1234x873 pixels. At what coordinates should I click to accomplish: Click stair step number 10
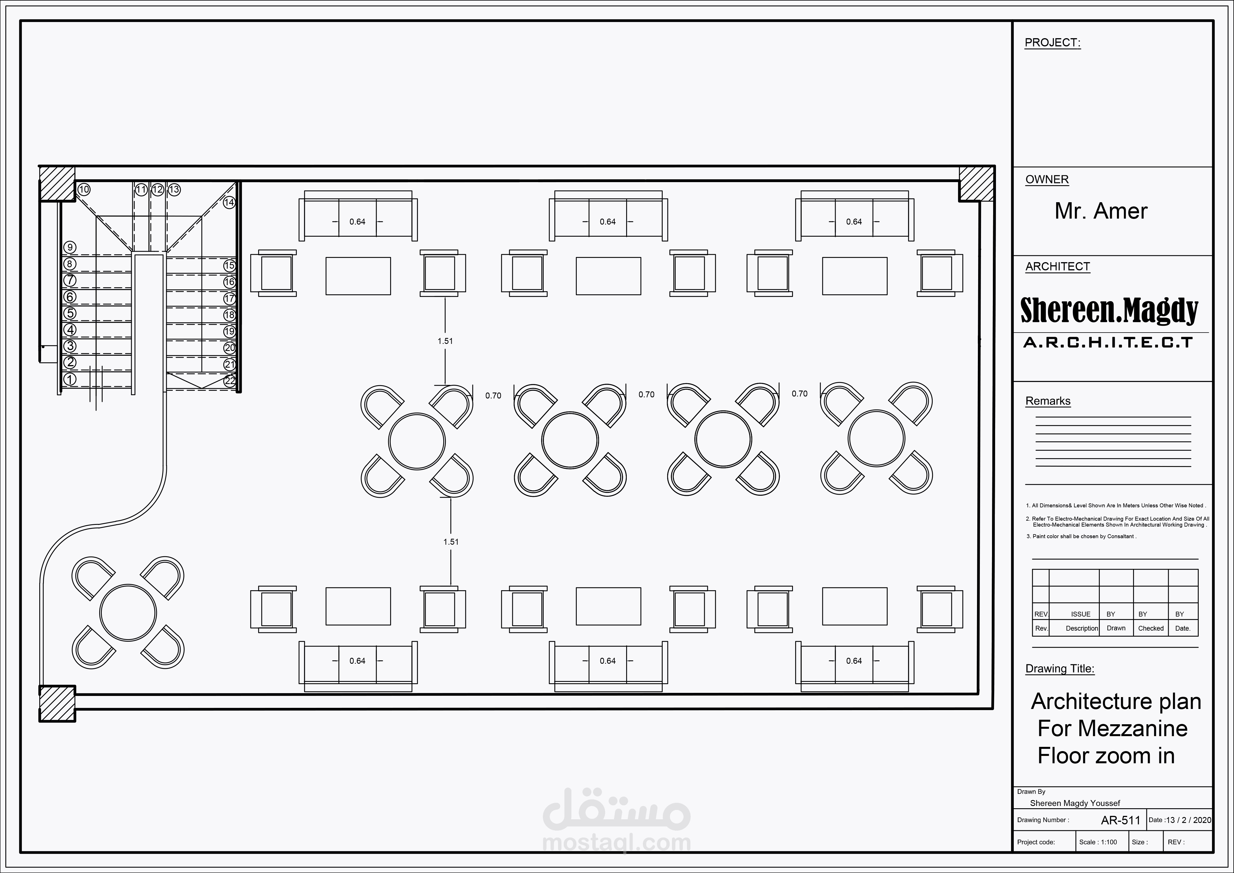click(x=84, y=189)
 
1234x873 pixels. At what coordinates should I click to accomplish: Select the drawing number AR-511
click(x=1121, y=820)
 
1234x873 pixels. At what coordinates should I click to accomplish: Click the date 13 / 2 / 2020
click(x=1189, y=820)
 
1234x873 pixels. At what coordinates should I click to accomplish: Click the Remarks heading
click(x=1048, y=401)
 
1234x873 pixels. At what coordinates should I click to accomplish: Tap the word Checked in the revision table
click(x=1151, y=628)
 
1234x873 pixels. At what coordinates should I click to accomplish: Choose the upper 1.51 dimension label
click(x=445, y=341)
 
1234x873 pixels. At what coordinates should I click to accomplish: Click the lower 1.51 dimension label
click(x=451, y=542)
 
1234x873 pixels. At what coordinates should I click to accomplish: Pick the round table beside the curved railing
click(x=128, y=613)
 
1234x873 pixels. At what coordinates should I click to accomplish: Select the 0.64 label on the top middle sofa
click(x=608, y=221)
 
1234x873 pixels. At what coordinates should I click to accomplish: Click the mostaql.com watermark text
click(x=617, y=842)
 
